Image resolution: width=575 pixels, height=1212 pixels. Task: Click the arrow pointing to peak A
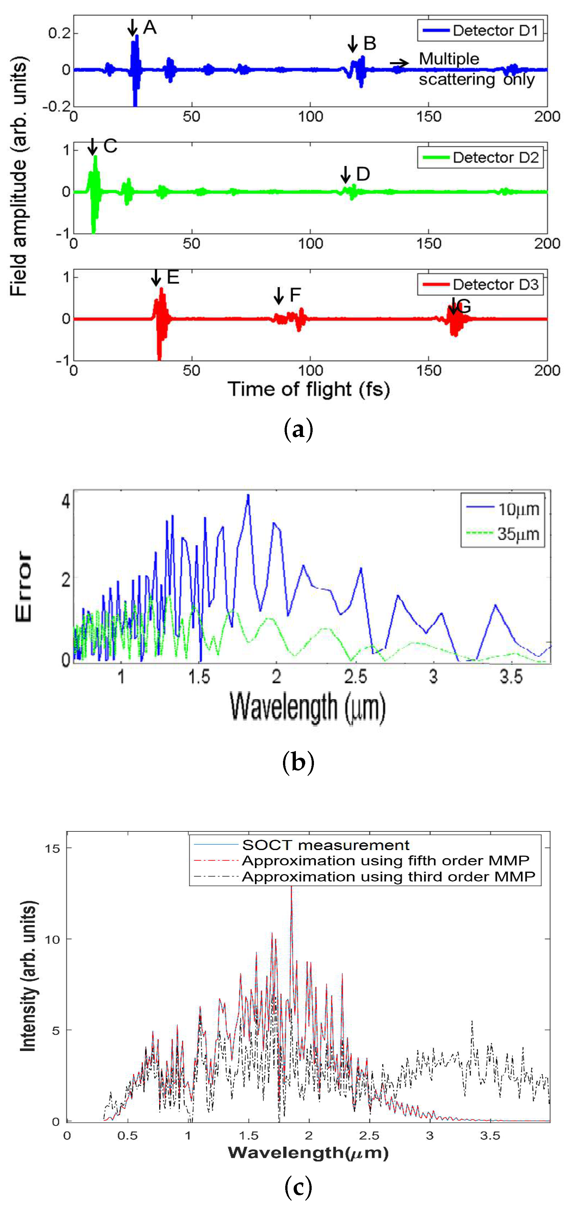point(132,28)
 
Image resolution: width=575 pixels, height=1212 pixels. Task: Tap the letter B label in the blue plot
point(370,44)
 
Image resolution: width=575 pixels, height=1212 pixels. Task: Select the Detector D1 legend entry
point(480,31)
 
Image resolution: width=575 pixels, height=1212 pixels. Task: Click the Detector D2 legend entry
point(480,157)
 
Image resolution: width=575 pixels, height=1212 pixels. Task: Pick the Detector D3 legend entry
point(480,285)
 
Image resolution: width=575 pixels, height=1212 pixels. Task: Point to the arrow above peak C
point(93,146)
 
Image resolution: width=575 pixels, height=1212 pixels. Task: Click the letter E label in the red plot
point(173,278)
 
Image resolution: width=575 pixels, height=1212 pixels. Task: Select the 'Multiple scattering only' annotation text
point(476,69)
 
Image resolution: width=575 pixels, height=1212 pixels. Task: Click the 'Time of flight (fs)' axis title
point(308,390)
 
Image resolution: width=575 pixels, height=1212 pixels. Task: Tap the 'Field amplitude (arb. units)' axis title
point(19,176)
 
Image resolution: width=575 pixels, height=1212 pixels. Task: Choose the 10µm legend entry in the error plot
point(502,509)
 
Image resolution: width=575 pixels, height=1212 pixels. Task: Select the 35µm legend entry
point(502,534)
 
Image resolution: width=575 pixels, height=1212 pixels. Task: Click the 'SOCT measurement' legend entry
point(325,845)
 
